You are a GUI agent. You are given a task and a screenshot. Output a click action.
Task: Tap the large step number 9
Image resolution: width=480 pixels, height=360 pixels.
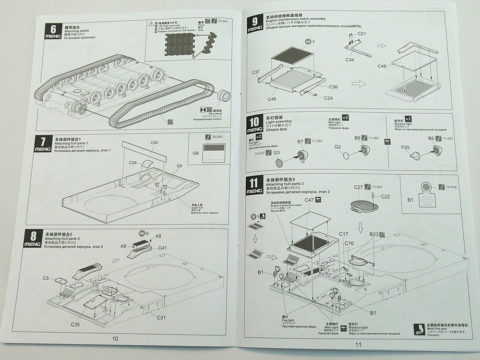coord(255,22)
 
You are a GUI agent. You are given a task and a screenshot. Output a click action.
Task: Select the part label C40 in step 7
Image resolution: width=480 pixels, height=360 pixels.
coord(155,143)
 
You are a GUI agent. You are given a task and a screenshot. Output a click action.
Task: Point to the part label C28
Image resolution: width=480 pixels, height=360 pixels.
coord(133,163)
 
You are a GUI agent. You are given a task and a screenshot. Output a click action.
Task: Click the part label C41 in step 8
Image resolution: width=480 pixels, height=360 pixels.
coord(162,248)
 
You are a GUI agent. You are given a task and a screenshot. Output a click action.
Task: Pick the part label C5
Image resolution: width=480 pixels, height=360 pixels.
coord(46,278)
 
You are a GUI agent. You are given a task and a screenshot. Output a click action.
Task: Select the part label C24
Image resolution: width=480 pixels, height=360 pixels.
coord(328,98)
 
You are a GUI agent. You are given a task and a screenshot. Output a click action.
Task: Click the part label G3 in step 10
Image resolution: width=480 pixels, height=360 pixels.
coord(276,153)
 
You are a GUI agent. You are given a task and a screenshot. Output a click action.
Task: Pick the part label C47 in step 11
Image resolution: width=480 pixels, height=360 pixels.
coord(309,199)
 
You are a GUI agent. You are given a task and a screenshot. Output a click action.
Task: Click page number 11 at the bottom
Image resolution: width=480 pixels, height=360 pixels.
coord(358,344)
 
